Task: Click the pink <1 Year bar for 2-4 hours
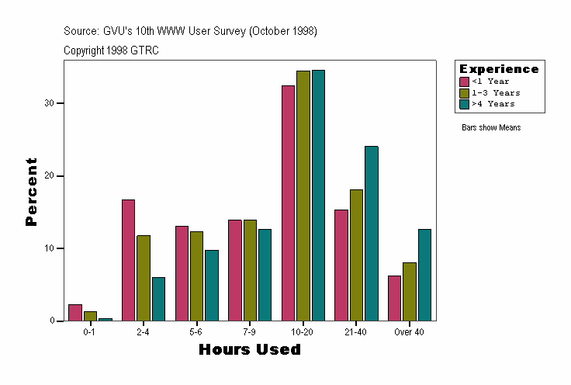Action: [x=128, y=260]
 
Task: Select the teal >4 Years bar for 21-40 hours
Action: [x=371, y=233]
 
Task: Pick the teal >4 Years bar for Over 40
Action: [x=424, y=275]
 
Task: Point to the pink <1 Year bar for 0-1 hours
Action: [x=75, y=313]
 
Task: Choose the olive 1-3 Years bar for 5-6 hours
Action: [x=196, y=276]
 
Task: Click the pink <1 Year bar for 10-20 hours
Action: [x=288, y=203]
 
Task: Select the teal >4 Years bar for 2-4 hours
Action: [x=158, y=299]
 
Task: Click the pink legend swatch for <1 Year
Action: [x=464, y=82]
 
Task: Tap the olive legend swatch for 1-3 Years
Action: [x=464, y=92]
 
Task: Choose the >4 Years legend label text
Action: [x=493, y=103]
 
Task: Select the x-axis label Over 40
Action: [x=409, y=331]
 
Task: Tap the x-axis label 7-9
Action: [x=249, y=331]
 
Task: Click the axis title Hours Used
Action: [x=249, y=350]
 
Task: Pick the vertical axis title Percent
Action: [x=31, y=192]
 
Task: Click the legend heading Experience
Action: [x=499, y=69]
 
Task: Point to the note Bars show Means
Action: [x=491, y=127]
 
